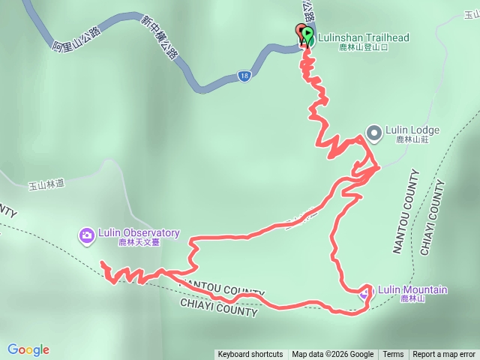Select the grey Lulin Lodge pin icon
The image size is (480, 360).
373,133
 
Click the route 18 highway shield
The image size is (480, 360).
244,76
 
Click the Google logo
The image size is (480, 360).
28,349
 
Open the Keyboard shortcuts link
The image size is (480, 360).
250,355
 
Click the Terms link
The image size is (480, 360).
393,355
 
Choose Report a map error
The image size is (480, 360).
444,355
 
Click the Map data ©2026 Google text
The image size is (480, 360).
333,355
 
